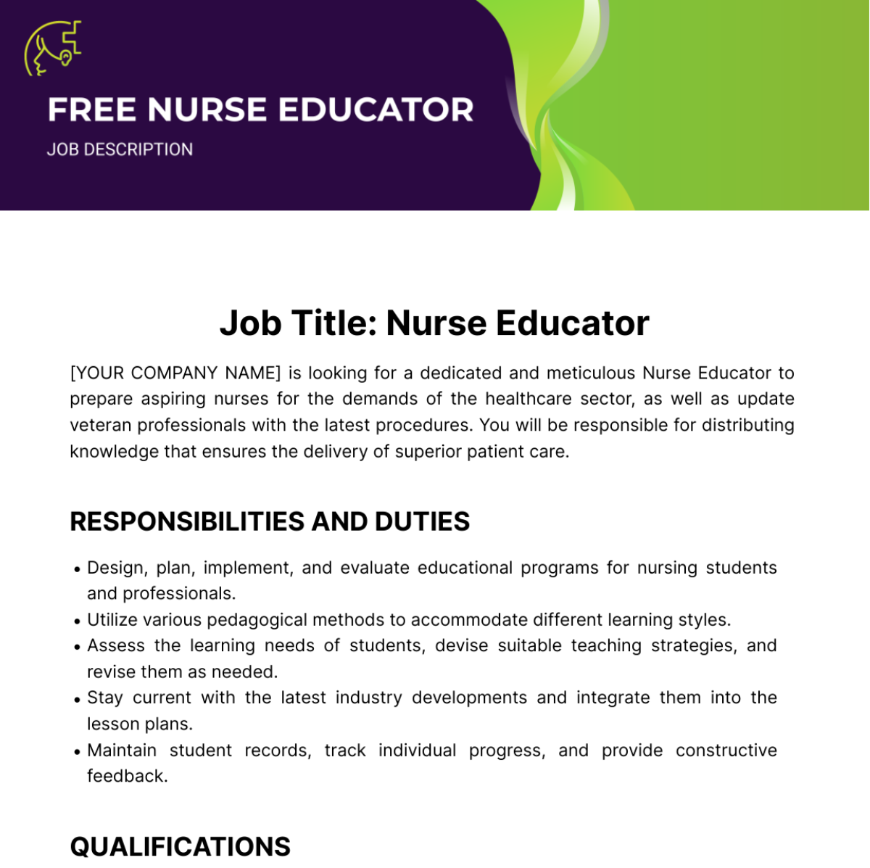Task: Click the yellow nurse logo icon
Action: [x=52, y=48]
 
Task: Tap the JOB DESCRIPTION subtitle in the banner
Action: [x=120, y=149]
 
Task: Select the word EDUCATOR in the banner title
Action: [x=376, y=110]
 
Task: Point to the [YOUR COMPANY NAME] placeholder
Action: [x=175, y=373]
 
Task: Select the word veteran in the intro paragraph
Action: [x=101, y=425]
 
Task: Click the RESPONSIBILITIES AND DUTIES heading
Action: [x=270, y=521]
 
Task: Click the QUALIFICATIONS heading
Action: [x=180, y=846]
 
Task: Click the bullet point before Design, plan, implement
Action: [x=77, y=569]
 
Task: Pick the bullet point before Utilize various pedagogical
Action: [x=77, y=621]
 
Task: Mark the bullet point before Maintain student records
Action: [x=77, y=752]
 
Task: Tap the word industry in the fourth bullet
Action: [x=368, y=698]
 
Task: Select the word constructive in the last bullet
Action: [x=726, y=750]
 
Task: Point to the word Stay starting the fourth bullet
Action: [x=105, y=698]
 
